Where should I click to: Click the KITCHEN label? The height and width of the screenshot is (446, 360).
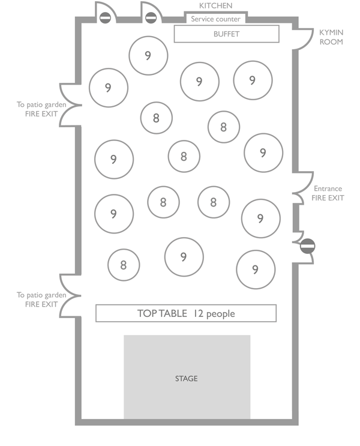[215, 6]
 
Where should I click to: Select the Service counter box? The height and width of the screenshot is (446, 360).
[215, 19]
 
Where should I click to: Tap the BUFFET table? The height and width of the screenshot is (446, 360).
[226, 34]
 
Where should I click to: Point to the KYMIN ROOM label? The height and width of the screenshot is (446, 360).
[331, 37]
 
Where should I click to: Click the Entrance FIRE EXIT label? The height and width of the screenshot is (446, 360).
[327, 193]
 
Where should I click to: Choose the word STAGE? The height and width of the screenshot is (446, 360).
[186, 379]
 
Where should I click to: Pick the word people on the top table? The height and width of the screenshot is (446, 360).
[221, 314]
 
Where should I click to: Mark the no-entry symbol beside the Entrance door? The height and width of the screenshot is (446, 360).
[307, 246]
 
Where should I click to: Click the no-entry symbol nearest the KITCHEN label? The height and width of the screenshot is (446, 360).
[151, 18]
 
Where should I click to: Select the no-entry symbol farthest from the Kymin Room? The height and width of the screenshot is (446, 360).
[105, 18]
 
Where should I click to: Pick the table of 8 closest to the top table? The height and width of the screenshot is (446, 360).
[124, 265]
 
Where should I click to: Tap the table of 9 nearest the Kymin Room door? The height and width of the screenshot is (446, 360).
[253, 80]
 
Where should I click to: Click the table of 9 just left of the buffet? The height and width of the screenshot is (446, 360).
[148, 56]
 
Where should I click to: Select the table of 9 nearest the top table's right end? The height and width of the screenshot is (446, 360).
[256, 270]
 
